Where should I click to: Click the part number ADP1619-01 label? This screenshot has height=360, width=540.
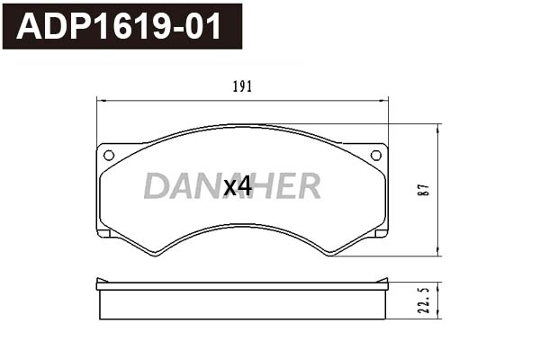tap(122, 26)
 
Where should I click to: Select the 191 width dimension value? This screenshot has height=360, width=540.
tap(242, 86)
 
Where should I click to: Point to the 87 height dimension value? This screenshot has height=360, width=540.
tap(423, 189)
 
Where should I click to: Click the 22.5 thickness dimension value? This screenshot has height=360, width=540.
tap(423, 301)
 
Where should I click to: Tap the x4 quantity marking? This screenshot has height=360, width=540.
tap(237, 186)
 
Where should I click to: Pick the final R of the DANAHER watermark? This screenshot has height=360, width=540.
tap(309, 186)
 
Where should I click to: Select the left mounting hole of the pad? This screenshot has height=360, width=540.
tap(109, 155)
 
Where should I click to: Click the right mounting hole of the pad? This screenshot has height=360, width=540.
tap(375, 155)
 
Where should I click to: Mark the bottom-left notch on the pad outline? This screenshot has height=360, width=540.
tap(103, 234)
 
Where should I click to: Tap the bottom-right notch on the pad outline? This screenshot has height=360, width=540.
tap(381, 234)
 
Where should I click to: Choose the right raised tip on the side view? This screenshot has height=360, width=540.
tap(386, 282)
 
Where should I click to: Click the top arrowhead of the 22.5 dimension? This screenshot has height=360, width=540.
tap(438, 285)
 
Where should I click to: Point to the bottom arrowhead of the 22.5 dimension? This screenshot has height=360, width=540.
tap(438, 317)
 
